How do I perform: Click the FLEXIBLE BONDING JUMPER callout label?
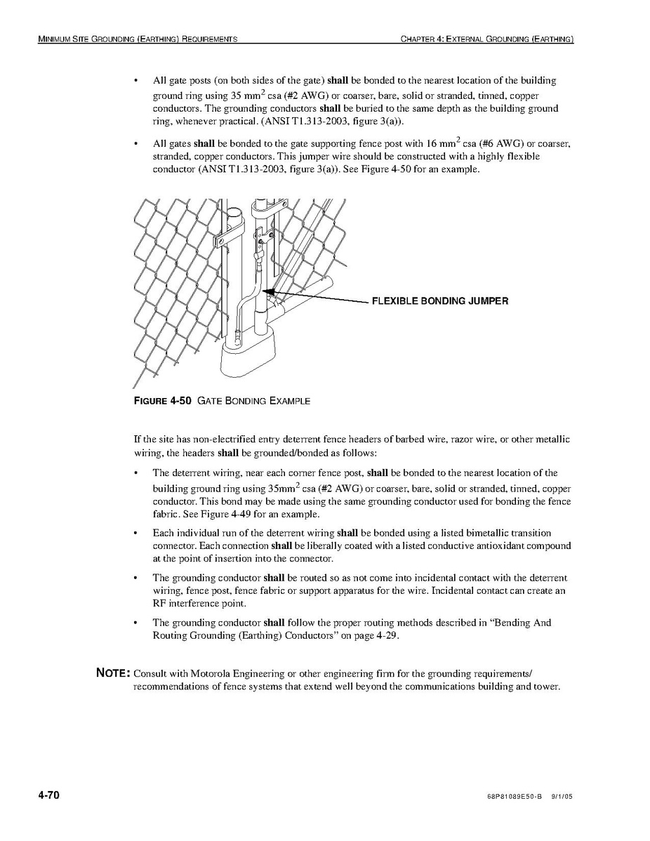[x=440, y=301]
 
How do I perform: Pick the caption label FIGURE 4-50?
[x=162, y=401]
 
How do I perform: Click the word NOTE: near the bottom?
[x=112, y=673]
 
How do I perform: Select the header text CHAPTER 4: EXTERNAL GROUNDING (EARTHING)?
[x=487, y=39]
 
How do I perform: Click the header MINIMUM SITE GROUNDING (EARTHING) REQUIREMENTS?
[x=138, y=39]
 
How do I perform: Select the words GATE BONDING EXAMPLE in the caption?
[x=253, y=401]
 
